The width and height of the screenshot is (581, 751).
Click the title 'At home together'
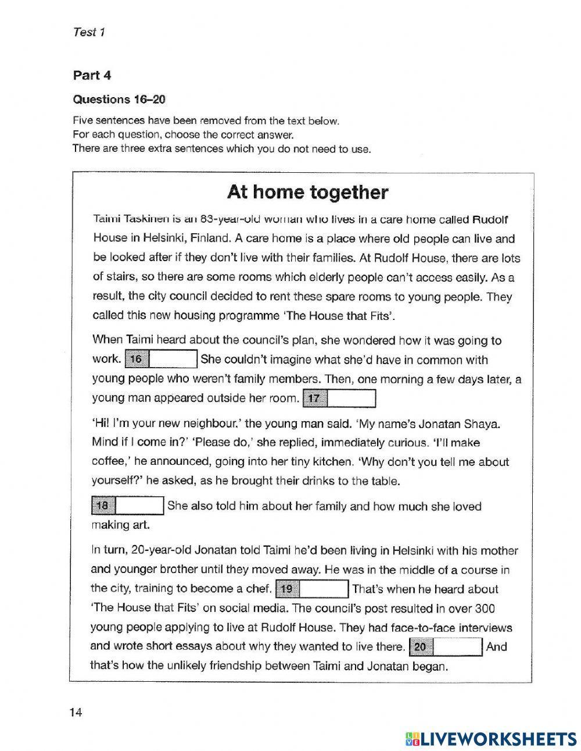307,192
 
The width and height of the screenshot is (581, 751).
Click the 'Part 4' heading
92,75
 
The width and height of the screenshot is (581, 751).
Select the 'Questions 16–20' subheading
119,99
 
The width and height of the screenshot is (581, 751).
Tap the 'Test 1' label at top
89,33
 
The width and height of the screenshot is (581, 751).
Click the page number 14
76,713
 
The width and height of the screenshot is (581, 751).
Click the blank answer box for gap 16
174,359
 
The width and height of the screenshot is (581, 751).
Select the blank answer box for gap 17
352,398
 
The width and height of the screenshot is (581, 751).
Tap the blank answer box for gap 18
141,506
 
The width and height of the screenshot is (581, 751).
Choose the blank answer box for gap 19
324,589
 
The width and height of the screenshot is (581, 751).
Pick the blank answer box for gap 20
458,647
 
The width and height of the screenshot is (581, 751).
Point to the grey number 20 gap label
421,647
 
